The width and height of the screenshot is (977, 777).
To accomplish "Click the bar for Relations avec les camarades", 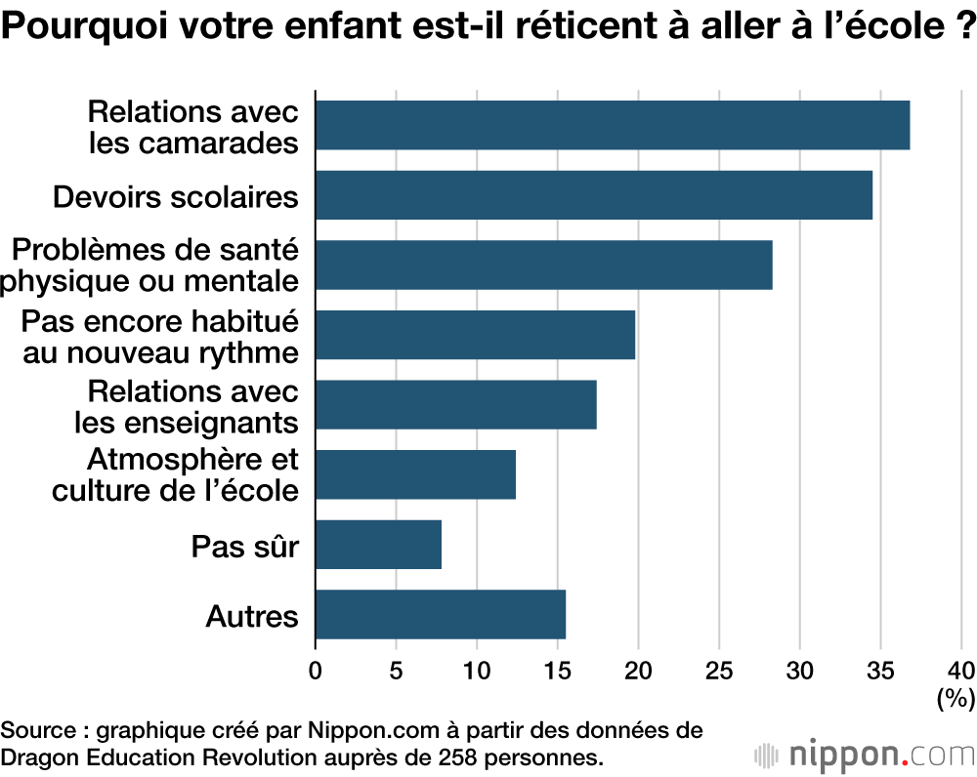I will pyautogui.click(x=613, y=125).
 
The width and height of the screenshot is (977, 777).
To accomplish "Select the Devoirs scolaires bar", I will pyautogui.click(x=594, y=195).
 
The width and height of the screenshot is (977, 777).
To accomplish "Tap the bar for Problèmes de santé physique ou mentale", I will pyautogui.click(x=544, y=266).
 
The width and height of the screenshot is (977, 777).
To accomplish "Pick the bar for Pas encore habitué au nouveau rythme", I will pyautogui.click(x=475, y=335).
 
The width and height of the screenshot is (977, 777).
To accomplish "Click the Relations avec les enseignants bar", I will pyautogui.click(x=456, y=405).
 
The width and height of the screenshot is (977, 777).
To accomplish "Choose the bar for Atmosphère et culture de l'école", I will pyautogui.click(x=415, y=474).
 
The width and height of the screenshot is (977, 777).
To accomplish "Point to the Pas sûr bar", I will pyautogui.click(x=379, y=545).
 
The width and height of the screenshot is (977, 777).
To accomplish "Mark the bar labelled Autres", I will pyautogui.click(x=441, y=614).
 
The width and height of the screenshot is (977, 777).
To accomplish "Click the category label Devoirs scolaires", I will pyautogui.click(x=175, y=196).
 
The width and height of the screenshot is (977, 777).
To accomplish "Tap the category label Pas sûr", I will pyautogui.click(x=244, y=546).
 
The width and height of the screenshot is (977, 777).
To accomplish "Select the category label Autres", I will pyautogui.click(x=252, y=616).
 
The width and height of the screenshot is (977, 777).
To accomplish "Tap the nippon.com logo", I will pyautogui.click(x=864, y=754).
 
